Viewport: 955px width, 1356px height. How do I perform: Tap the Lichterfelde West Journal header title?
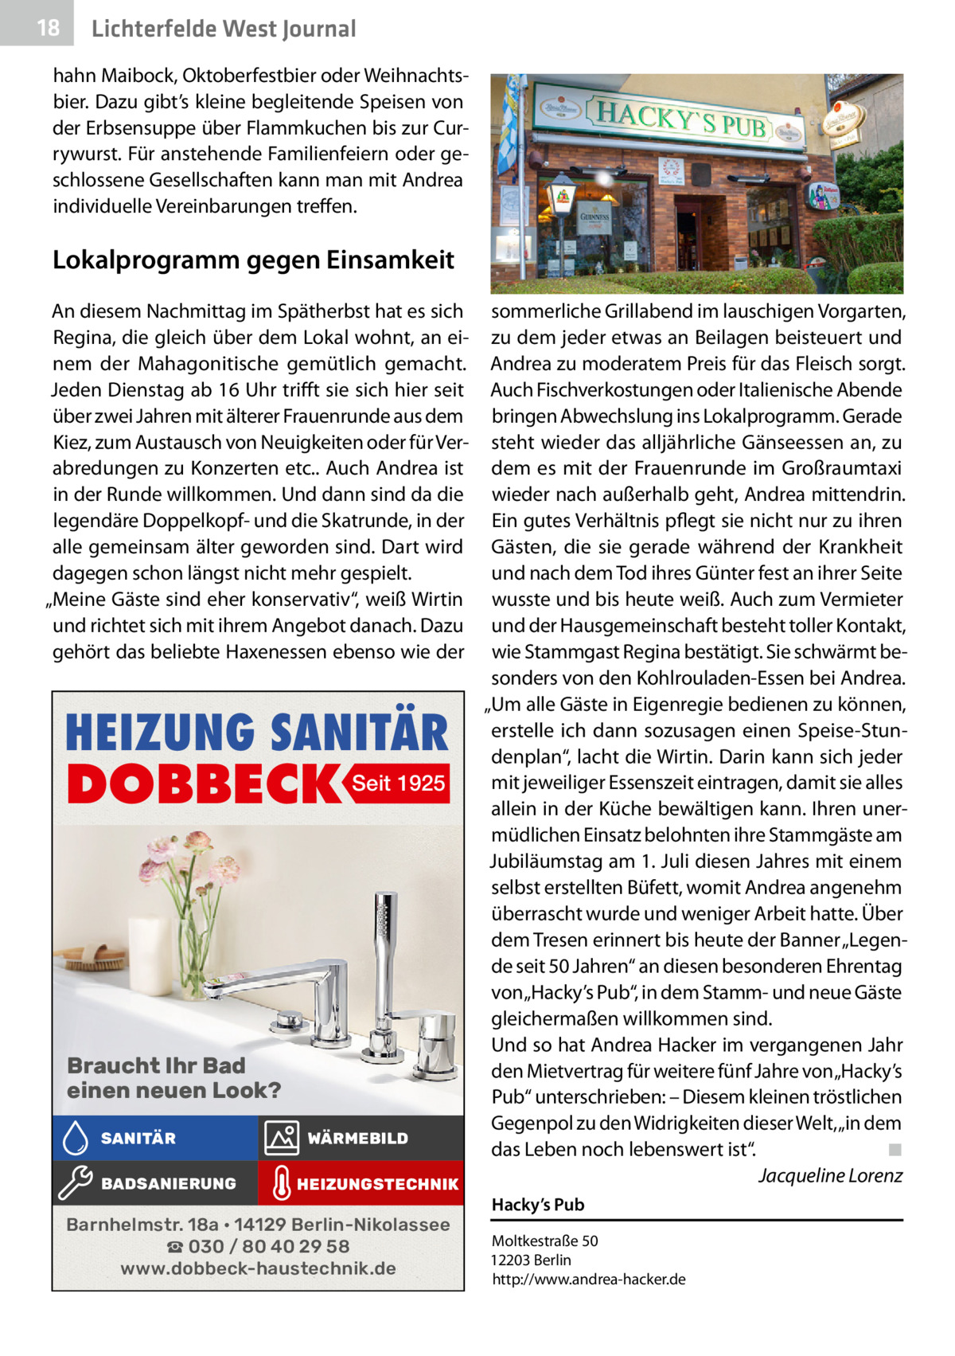(224, 29)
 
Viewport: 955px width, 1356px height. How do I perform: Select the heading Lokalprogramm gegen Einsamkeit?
(253, 260)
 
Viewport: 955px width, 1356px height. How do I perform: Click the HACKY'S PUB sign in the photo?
(681, 122)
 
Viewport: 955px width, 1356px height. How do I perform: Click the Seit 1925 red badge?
(398, 784)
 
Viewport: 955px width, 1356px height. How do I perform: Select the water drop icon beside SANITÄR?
(75, 1139)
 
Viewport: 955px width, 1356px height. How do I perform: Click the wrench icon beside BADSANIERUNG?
(75, 1183)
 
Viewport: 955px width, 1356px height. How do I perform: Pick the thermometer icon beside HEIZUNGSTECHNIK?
(280, 1184)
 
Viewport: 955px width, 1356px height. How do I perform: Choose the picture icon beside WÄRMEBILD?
(282, 1139)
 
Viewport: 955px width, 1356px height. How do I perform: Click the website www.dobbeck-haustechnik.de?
(258, 1268)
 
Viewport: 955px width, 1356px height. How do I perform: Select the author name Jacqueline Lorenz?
(830, 1176)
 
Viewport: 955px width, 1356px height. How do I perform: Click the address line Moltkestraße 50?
(545, 1241)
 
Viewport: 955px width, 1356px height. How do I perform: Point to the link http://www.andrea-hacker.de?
(588, 1280)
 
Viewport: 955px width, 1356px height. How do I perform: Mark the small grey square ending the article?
(895, 1150)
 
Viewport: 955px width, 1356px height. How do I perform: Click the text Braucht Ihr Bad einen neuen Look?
(173, 1078)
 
